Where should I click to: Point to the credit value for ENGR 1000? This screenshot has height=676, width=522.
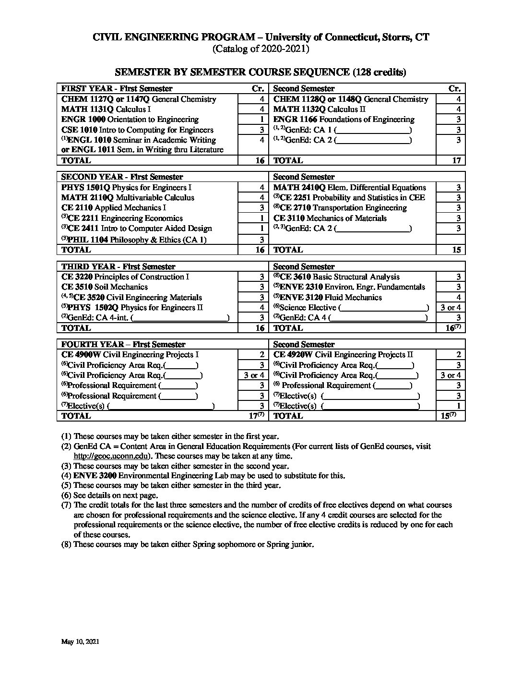point(262,120)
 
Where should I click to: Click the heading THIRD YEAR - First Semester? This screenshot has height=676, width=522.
point(118,266)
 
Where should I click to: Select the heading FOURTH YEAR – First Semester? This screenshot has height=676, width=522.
point(123,344)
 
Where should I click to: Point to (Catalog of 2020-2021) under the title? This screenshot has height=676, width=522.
point(261,48)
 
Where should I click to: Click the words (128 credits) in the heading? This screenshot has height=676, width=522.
point(379,72)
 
